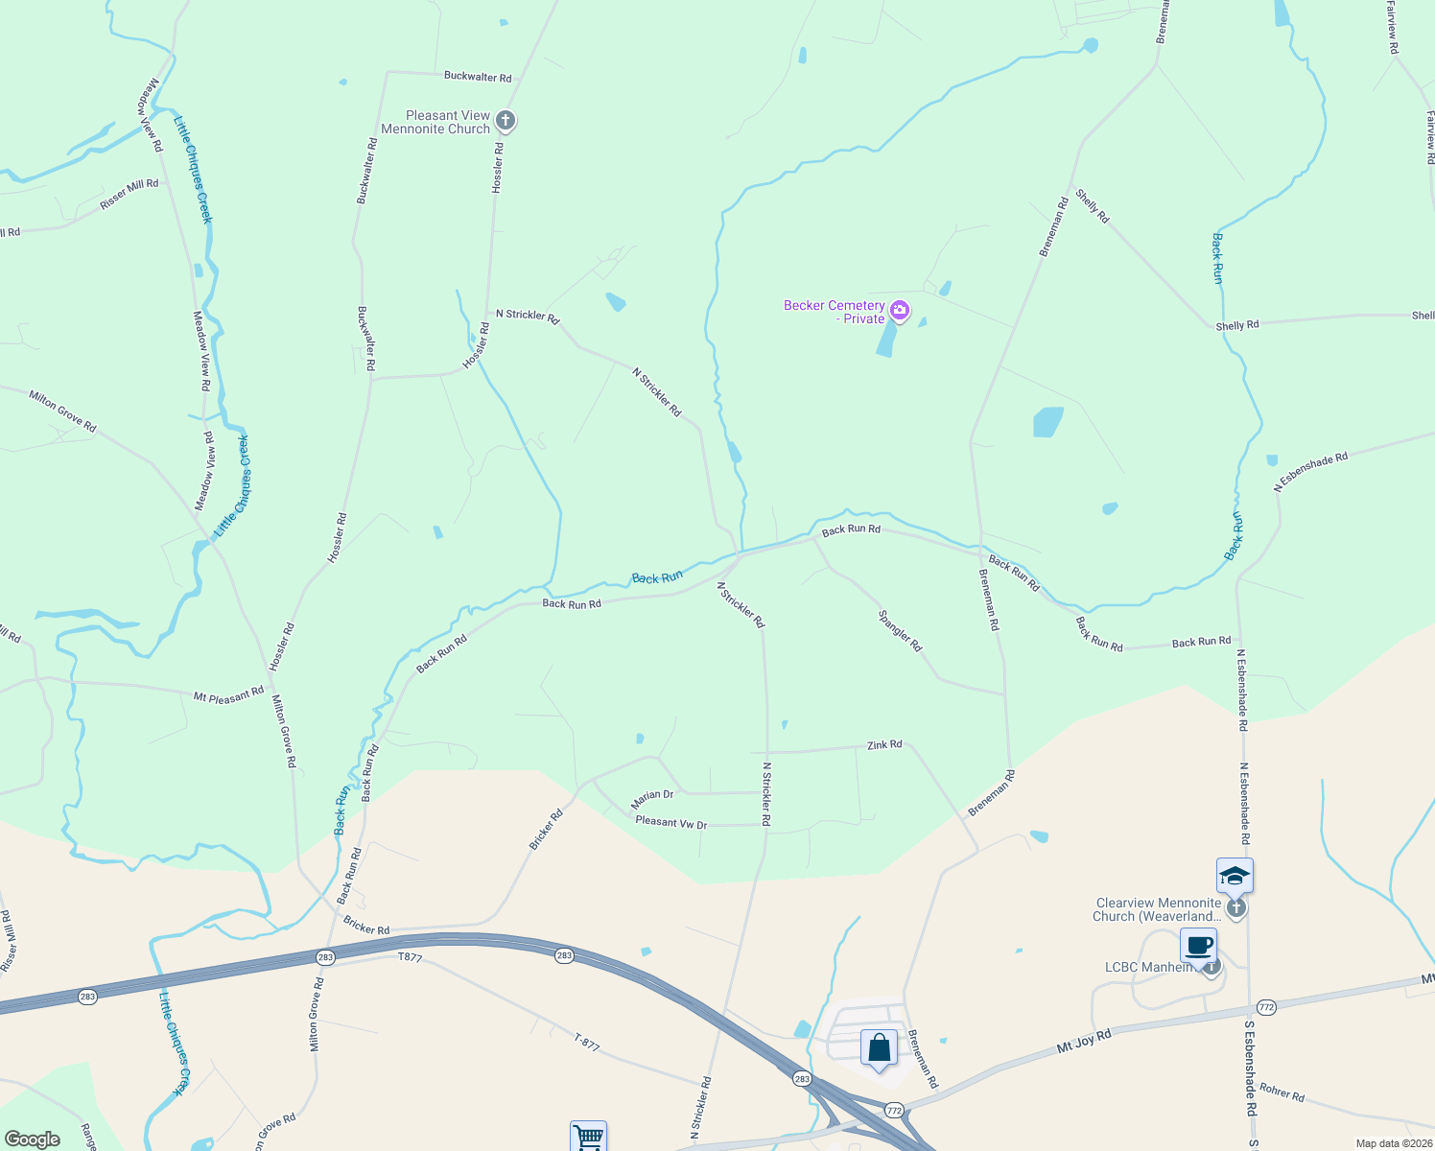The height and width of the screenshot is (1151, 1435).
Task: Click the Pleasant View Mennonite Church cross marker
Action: [506, 122]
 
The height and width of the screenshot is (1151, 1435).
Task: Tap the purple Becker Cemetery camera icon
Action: [900, 309]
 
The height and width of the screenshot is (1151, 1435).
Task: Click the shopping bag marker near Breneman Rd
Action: [879, 1048]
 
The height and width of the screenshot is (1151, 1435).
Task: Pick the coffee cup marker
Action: [1198, 946]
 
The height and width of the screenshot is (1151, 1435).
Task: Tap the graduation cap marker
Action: [1235, 876]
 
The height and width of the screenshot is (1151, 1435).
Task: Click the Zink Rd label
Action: [884, 744]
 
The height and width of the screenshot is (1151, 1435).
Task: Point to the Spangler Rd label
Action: [900, 631]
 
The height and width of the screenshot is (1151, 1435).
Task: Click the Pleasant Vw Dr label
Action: [670, 823]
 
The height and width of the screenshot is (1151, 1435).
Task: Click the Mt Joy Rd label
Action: [1084, 1042]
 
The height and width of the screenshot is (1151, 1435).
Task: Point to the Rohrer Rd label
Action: [1282, 1092]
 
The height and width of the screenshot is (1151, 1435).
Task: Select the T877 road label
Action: [410, 957]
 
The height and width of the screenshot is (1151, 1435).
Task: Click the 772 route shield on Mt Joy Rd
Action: [1266, 1007]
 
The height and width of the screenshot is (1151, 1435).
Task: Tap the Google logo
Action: [32, 1139]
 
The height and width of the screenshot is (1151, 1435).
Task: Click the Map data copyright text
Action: [1393, 1143]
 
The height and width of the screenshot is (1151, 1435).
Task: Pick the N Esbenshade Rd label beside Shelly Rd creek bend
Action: [1310, 472]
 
